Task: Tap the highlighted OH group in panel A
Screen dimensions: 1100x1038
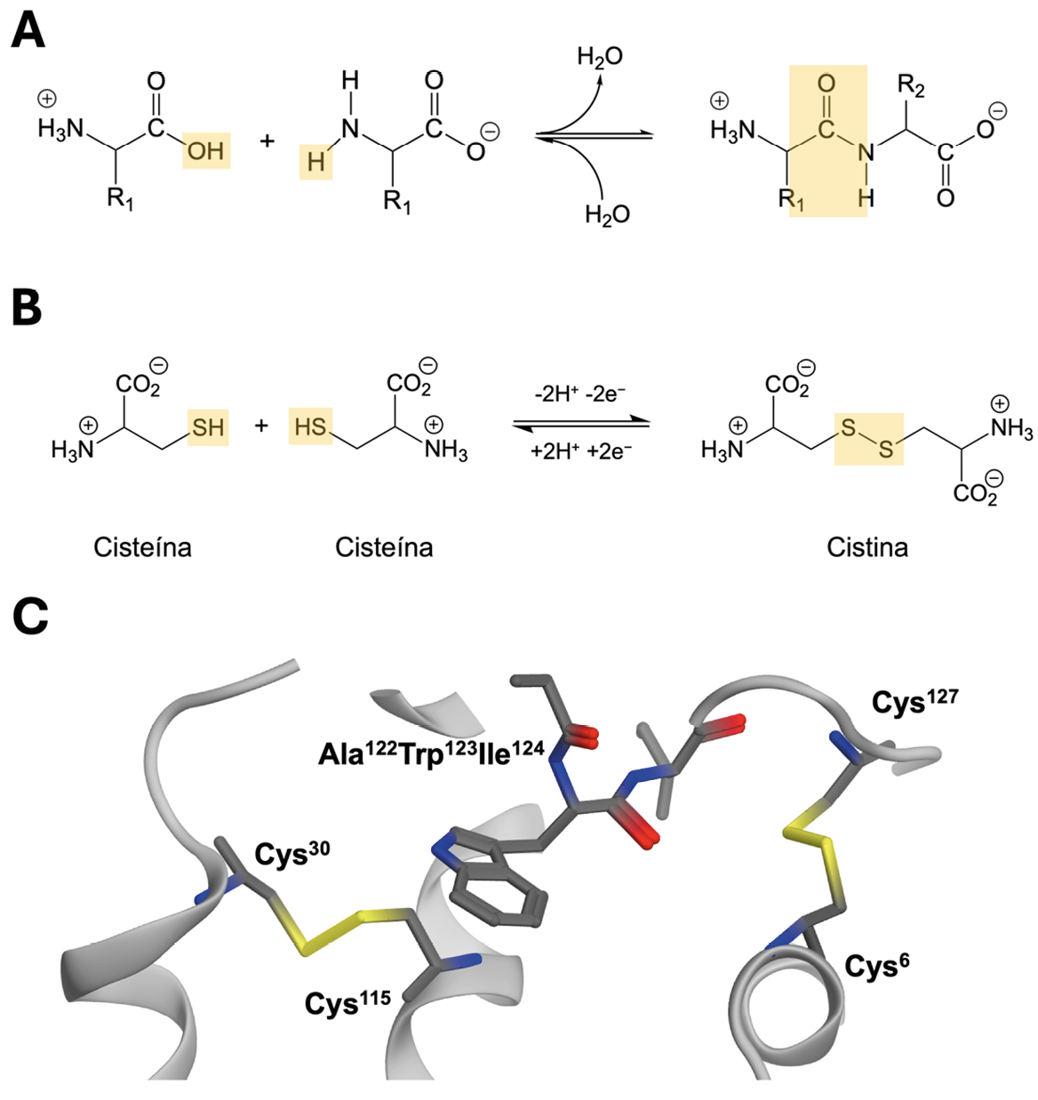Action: [x=206, y=150]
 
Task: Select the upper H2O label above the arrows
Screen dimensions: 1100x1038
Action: [x=600, y=57]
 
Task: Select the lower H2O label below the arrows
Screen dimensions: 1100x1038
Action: [x=607, y=214]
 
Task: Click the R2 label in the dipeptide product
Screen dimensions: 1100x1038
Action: [x=911, y=86]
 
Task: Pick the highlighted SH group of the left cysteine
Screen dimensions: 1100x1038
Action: [x=208, y=427]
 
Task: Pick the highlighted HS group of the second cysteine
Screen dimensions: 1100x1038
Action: [x=310, y=427]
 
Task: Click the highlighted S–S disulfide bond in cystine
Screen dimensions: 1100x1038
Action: [x=868, y=439]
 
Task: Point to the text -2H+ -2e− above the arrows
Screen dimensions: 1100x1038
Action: [x=582, y=394]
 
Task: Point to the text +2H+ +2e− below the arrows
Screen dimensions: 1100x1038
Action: [x=581, y=450]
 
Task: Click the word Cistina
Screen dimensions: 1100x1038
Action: [x=867, y=547]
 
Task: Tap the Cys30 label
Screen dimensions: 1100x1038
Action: [x=291, y=853]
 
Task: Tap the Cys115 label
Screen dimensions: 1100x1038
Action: [x=347, y=1002]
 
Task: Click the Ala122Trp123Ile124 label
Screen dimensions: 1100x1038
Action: [x=431, y=753]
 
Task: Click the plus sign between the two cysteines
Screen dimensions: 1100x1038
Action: [x=261, y=426]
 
